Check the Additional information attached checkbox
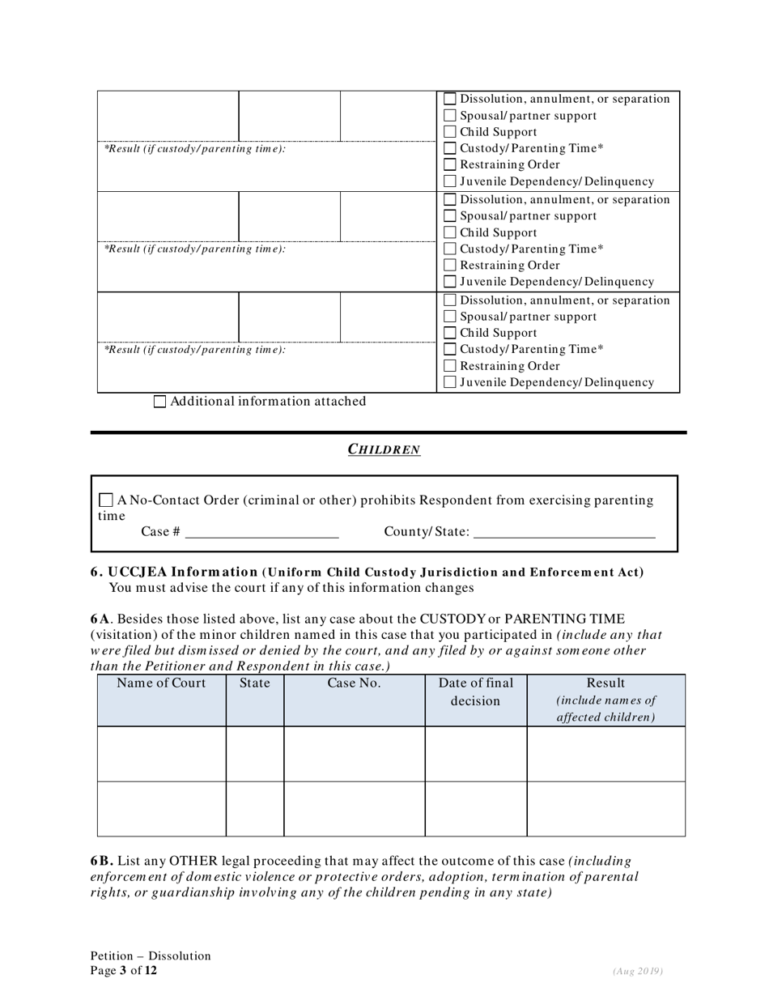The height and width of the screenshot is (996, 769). (x=159, y=402)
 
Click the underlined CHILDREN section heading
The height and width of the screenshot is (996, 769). (x=384, y=449)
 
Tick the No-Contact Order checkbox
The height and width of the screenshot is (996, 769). (x=106, y=500)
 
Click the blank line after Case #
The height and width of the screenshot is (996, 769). (x=261, y=532)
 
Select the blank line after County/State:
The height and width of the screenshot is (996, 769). (x=563, y=532)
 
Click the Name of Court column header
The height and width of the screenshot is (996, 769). (x=161, y=683)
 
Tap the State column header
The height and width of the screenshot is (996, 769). (x=255, y=683)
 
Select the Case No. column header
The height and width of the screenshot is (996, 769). (x=354, y=683)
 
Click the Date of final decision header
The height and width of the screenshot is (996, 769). (x=475, y=692)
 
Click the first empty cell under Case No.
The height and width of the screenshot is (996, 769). (x=354, y=754)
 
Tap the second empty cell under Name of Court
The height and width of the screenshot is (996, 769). (x=161, y=808)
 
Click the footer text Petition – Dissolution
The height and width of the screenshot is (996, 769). (x=151, y=956)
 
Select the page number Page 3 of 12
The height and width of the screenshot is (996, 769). (x=124, y=970)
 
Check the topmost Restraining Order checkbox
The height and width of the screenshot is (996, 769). (x=450, y=165)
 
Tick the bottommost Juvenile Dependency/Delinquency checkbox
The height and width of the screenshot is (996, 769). (x=450, y=382)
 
